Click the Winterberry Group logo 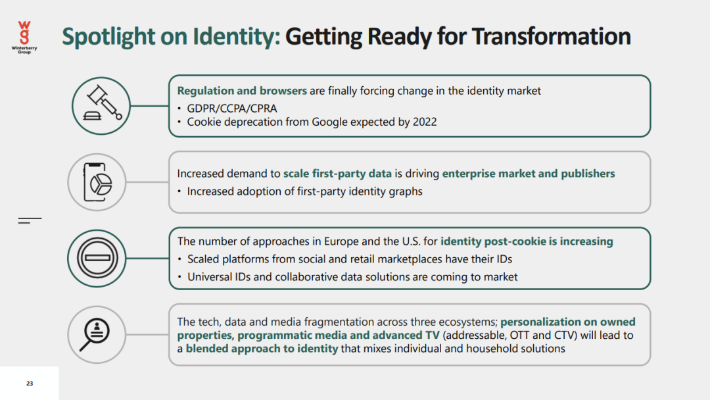pos(24,37)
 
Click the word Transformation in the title pos(551,36)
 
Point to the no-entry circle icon pos(97,258)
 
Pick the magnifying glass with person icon pos(95,334)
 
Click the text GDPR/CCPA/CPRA pos(232,109)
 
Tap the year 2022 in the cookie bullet pos(424,122)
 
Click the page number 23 pos(30,384)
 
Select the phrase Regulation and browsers pos(242,91)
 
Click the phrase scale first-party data pos(337,174)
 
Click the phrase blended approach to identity pos(262,349)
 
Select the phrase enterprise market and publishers pos(529,174)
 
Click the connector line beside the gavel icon pos(149,106)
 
